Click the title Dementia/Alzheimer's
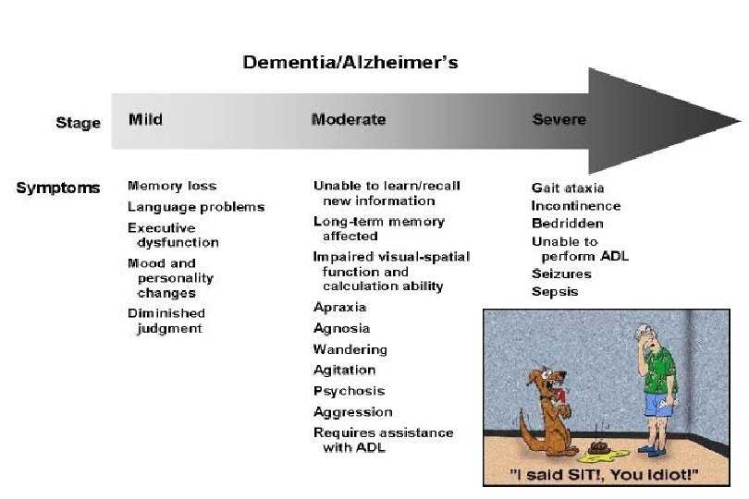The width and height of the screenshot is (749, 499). [x=350, y=63]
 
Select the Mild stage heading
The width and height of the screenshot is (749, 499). [x=145, y=119]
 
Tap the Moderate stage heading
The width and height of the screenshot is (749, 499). [x=349, y=119]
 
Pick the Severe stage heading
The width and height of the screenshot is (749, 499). [x=559, y=119]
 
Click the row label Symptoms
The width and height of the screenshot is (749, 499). [x=58, y=188]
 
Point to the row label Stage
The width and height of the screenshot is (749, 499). [x=78, y=122]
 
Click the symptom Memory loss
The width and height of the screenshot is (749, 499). [x=172, y=186]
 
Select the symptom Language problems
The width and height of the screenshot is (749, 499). [x=196, y=207]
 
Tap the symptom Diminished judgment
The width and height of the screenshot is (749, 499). [x=166, y=321]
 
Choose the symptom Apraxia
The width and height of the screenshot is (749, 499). [x=340, y=307]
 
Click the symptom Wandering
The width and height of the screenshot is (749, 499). [x=350, y=349]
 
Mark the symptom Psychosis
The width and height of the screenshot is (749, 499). [x=349, y=391]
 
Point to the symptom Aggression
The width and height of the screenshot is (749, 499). [x=353, y=412]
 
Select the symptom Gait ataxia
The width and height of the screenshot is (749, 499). [x=568, y=189]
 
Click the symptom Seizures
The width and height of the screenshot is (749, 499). [x=561, y=274]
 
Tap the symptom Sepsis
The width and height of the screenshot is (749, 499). [x=555, y=291]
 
